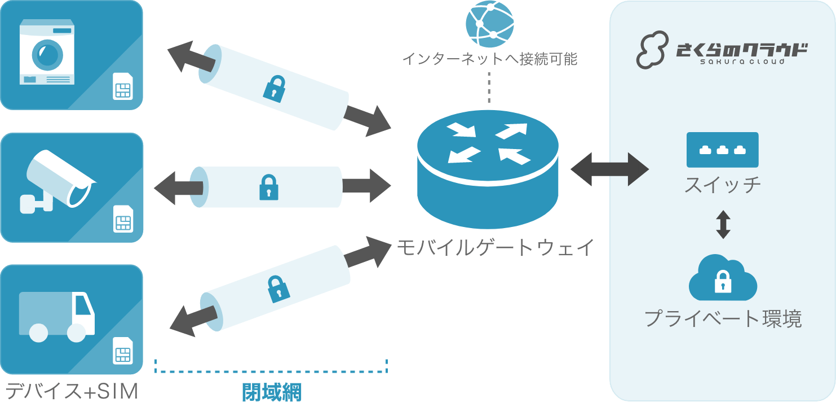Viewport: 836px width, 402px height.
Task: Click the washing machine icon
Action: tap(47, 53)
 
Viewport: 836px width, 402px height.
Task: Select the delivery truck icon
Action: tap(57, 316)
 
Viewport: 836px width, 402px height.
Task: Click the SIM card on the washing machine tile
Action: tap(122, 86)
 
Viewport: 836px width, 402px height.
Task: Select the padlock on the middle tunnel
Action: tap(269, 187)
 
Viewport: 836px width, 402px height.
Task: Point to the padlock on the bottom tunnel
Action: tap(277, 288)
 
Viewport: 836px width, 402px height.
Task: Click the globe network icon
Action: tap(489, 25)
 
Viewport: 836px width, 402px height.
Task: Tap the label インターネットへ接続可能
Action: tap(489, 59)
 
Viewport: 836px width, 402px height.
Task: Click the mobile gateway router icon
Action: tap(488, 169)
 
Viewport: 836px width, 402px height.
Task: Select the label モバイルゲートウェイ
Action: tap(496, 248)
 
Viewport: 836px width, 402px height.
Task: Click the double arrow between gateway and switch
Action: tap(609, 168)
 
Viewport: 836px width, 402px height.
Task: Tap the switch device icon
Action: tap(722, 150)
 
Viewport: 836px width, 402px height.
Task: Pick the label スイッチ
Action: tap(723, 185)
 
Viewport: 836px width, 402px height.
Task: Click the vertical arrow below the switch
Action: tap(723, 224)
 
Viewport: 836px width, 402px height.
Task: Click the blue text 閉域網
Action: tap(272, 392)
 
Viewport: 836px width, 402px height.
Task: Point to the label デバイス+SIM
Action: tap(72, 391)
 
